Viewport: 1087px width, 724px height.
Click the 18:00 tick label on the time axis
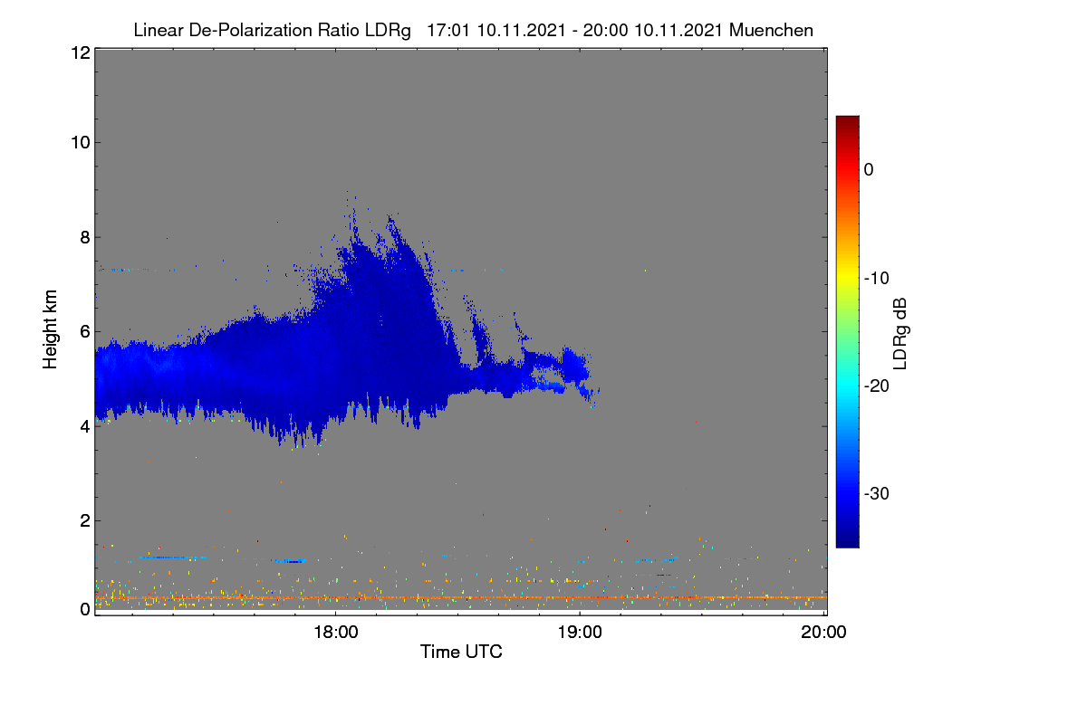[x=335, y=633]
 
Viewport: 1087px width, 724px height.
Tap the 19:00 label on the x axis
[x=580, y=633]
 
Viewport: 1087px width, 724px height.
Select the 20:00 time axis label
[x=823, y=633]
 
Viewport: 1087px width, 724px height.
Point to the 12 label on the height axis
[x=81, y=52]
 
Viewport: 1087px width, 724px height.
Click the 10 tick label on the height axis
[x=81, y=143]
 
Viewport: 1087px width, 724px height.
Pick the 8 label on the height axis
[x=85, y=238]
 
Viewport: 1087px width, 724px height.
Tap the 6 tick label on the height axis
[x=85, y=332]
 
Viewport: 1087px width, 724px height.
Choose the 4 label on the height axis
[x=85, y=427]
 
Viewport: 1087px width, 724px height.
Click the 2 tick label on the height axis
[x=85, y=520]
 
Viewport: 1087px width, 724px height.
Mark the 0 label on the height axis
[x=85, y=610]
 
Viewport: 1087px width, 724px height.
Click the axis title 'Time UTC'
[x=461, y=652]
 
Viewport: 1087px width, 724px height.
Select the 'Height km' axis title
[x=50, y=329]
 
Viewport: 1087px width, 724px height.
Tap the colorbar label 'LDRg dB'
[x=900, y=334]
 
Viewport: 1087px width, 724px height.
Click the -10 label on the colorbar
[x=877, y=279]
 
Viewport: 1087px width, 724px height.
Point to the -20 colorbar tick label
[x=877, y=386]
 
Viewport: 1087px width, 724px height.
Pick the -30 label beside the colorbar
[x=877, y=493]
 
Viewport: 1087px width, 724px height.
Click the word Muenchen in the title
[x=771, y=31]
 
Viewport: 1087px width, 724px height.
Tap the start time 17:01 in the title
[x=448, y=31]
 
